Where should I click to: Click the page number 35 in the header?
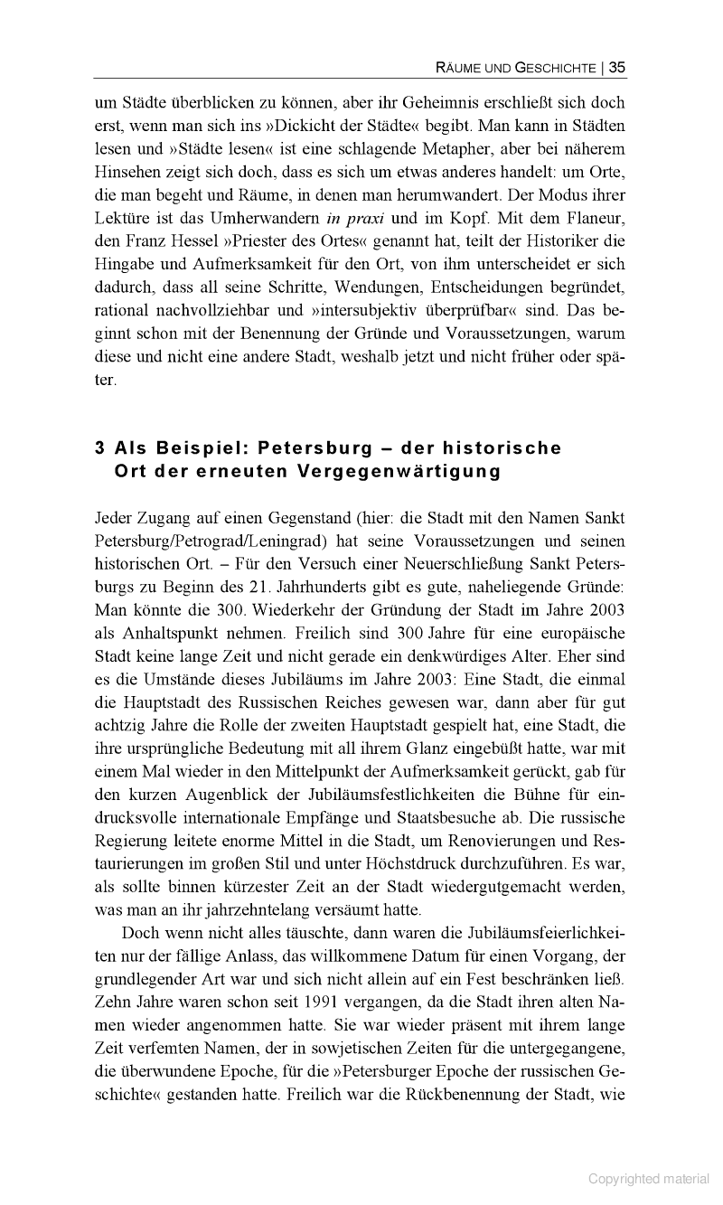617,66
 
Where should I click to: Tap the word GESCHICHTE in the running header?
555,67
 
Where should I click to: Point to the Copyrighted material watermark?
650,1178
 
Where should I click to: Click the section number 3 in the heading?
100,447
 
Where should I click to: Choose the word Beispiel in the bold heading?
199,447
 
